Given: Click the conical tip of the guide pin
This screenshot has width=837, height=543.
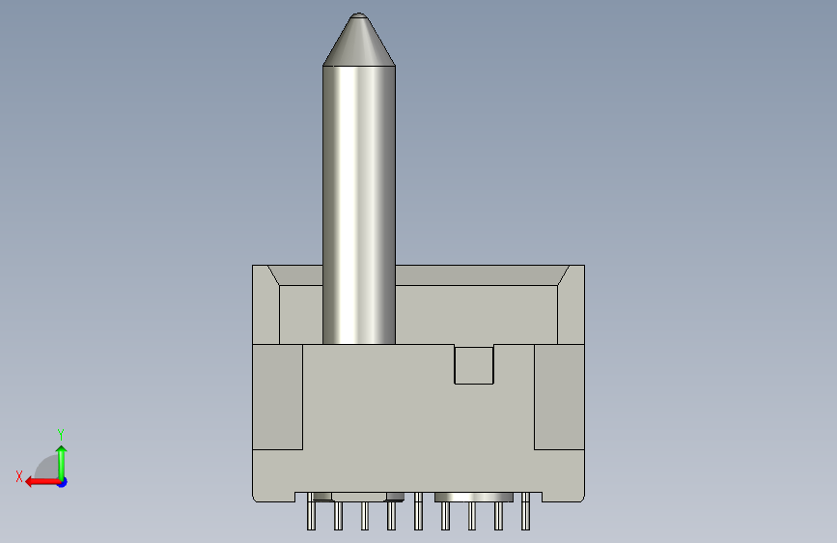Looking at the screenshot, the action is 359,39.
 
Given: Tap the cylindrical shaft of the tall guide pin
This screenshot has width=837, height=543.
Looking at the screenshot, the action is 359,205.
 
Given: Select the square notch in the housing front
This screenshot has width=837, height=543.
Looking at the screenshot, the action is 474,364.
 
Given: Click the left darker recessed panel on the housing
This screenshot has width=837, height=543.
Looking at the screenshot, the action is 278,397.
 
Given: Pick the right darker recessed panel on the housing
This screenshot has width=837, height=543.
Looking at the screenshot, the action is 559,397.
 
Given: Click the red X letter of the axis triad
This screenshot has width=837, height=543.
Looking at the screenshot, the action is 19,476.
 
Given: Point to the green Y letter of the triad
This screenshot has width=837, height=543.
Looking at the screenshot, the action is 61,434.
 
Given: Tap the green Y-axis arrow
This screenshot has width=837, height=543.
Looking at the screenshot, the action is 62,463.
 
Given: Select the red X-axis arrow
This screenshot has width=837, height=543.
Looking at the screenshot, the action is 43,482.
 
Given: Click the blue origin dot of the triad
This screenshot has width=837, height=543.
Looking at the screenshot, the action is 63,482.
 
